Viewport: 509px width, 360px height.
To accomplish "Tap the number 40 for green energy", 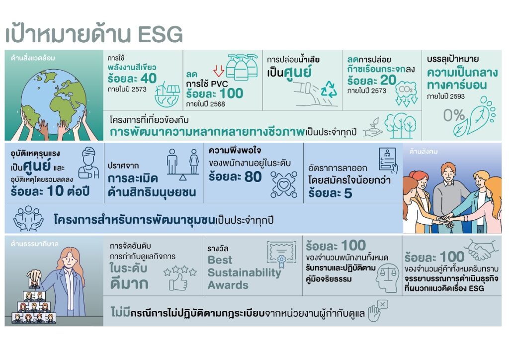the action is pos(148,78).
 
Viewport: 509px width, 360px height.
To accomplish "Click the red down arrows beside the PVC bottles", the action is pos(219,71).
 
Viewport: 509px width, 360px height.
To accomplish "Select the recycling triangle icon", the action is pos(329,90).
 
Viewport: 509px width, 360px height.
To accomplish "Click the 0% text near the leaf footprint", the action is pos(454,115).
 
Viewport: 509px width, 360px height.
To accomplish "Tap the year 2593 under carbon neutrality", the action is pos(457,96).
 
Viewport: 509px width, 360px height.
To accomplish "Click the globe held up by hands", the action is pos(54,98).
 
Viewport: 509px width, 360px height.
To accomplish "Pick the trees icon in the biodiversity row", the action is pos(401,125).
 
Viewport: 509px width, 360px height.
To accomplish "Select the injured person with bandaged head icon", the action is pos(88,163).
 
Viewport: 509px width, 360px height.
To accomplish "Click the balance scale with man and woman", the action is pos(183,164).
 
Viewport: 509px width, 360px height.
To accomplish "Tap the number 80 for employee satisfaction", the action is pos(253,177).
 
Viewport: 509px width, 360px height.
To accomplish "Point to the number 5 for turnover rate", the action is pos(347,193).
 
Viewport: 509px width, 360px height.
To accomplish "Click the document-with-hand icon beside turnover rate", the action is pos(388,161).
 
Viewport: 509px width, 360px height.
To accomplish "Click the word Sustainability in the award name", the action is pos(245,272).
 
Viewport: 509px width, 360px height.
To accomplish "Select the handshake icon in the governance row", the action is pos(481,249).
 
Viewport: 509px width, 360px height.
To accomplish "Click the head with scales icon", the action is pos(388,277).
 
